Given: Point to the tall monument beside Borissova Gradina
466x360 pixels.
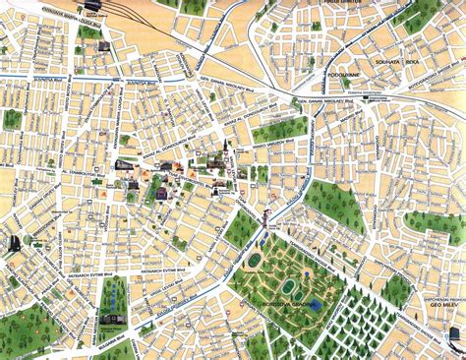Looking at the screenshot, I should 264,234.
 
